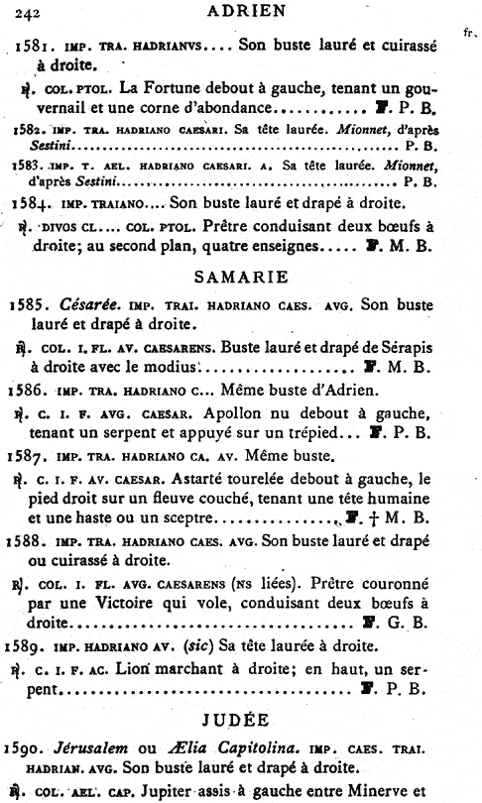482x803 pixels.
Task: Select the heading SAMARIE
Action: (x=240, y=276)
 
